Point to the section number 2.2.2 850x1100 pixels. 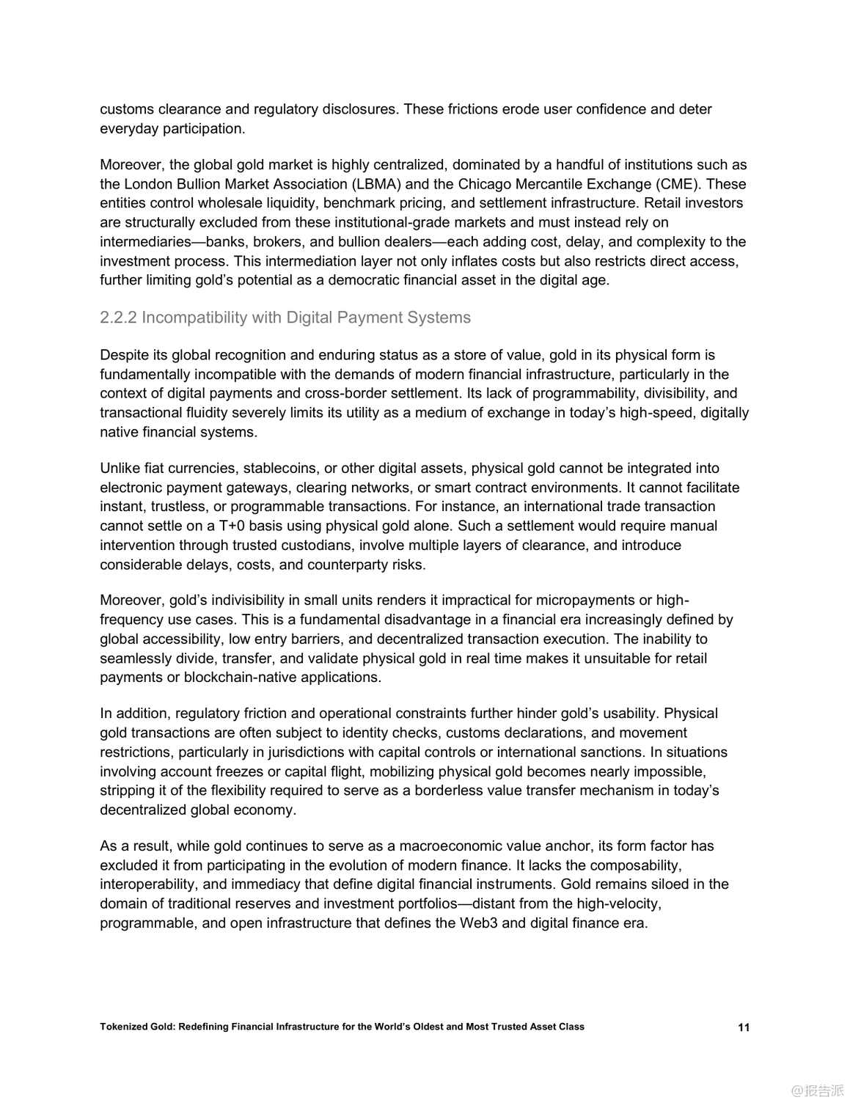(119, 318)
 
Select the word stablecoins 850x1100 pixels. (278, 469)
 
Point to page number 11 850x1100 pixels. (744, 1027)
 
